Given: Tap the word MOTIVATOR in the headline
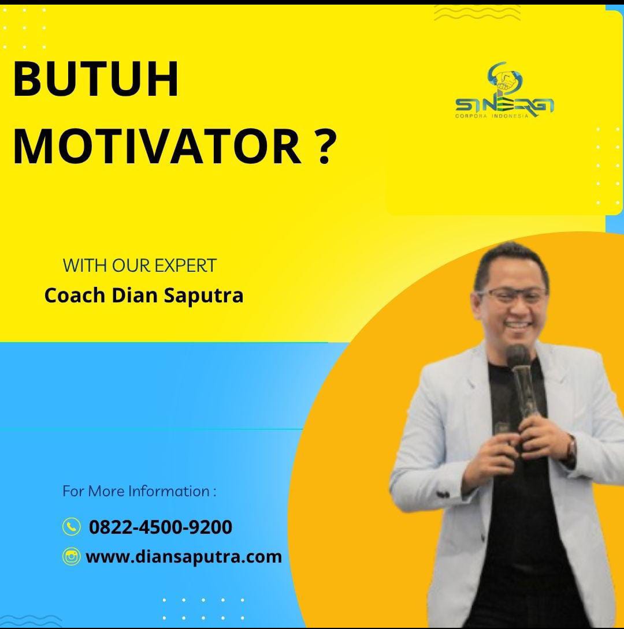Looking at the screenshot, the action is point(157,147).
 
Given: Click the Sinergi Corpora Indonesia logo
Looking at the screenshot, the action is point(504,90).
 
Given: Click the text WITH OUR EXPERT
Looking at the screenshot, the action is point(140,265).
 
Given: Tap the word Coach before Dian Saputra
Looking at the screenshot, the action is point(75,295).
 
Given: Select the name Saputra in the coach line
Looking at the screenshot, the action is point(203,296).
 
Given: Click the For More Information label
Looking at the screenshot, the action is point(139,491).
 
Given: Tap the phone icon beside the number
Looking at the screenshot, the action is point(72,527).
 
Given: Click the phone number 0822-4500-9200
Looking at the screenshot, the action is point(160,527).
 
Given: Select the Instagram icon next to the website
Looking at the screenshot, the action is point(72,556).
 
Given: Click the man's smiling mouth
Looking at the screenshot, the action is point(516,323).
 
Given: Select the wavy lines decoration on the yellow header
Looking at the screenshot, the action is point(477,13).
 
